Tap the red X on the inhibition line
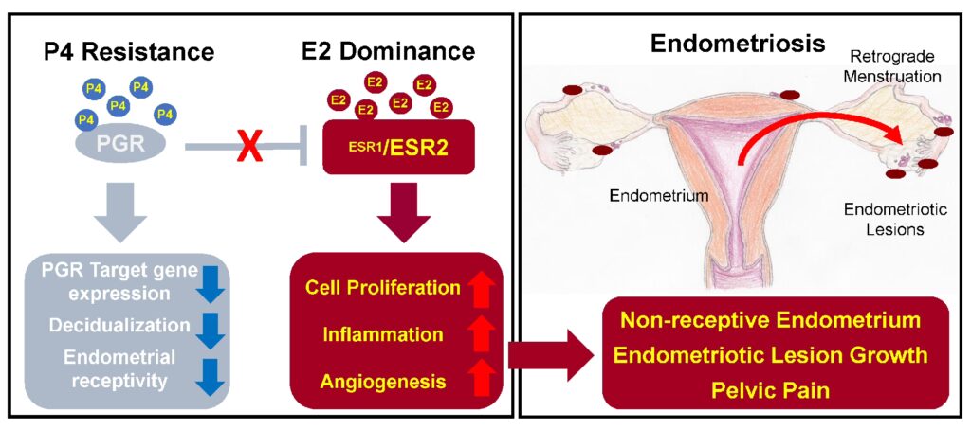click(250, 147)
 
